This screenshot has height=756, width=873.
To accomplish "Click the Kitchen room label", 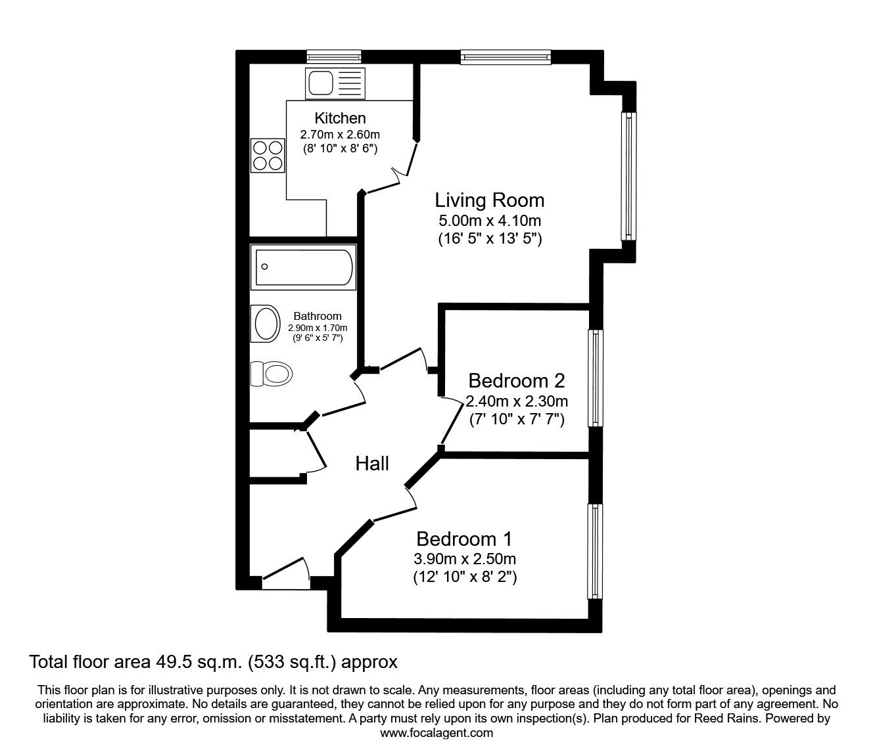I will pyautogui.click(x=340, y=118).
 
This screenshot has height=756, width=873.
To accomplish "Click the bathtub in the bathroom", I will pyautogui.click(x=304, y=267).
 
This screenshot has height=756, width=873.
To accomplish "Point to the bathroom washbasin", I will pyautogui.click(x=266, y=324).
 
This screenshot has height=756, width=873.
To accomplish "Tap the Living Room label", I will pyautogui.click(x=490, y=200).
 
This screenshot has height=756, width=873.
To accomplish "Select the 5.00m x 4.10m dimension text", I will pyautogui.click(x=490, y=220).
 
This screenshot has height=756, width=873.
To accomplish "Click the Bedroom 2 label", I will pyautogui.click(x=516, y=380).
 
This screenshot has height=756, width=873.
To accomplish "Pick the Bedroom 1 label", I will pyautogui.click(x=464, y=539).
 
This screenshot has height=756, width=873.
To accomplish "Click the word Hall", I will pyautogui.click(x=372, y=464).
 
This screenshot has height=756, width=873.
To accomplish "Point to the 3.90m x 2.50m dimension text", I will pyautogui.click(x=464, y=560).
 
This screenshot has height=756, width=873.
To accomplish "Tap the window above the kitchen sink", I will pyautogui.click(x=334, y=56).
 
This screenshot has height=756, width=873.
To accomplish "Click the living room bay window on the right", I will pyautogui.click(x=629, y=176).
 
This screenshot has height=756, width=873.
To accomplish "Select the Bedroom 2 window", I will pyautogui.click(x=596, y=378).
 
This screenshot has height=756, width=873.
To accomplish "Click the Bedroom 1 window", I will pyautogui.click(x=595, y=551).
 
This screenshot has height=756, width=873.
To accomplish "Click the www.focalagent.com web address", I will pyautogui.click(x=436, y=733).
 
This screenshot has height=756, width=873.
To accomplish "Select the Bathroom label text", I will pyautogui.click(x=318, y=316).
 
